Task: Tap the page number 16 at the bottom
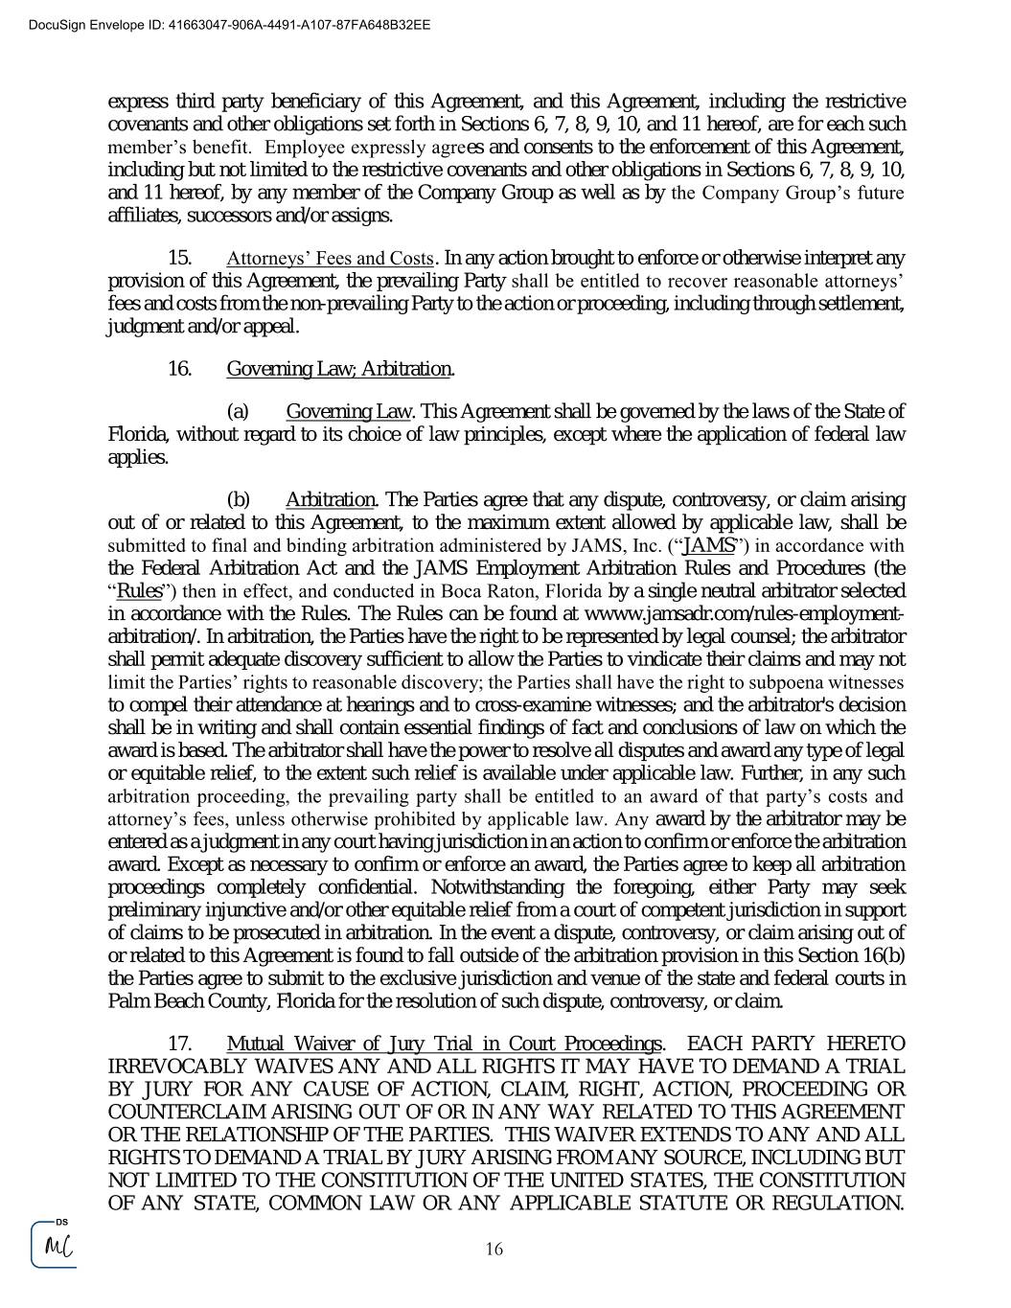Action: pyautogui.click(x=494, y=1249)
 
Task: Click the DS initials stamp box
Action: pyautogui.click(x=54, y=1245)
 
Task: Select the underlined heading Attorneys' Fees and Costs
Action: pyautogui.click(x=330, y=259)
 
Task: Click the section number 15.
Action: pyautogui.click(x=179, y=259)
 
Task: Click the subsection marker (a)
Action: pyautogui.click(x=238, y=412)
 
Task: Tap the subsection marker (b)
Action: pyautogui.click(x=238, y=500)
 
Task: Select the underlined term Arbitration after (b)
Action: pyautogui.click(x=331, y=500)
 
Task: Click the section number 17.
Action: pyautogui.click(x=179, y=1044)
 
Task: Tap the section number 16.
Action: pyautogui.click(x=179, y=369)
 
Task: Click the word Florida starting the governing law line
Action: pyautogui.click(x=136, y=435)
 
